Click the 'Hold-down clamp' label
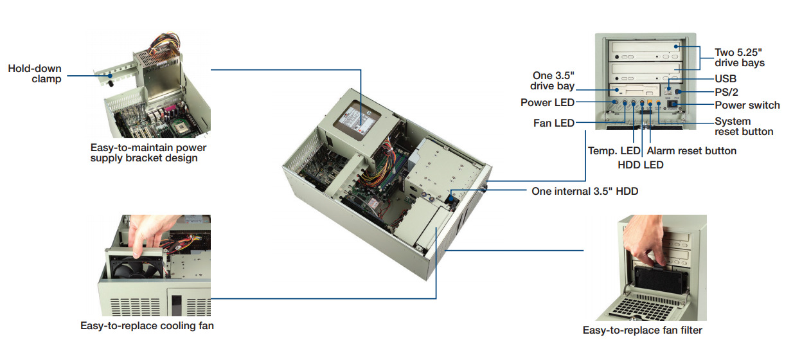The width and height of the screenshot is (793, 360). pyautogui.click(x=35, y=73)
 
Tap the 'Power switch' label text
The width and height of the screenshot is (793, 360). pyautogui.click(x=747, y=105)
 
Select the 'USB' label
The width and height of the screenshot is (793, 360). pyautogui.click(x=726, y=78)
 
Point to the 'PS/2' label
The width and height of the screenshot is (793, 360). pyautogui.click(x=727, y=92)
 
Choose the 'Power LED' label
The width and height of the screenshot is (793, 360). pyautogui.click(x=548, y=102)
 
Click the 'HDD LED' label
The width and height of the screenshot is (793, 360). pyautogui.click(x=640, y=165)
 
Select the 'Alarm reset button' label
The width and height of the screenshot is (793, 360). pyautogui.click(x=691, y=151)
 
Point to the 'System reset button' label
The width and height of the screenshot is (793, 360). pyautogui.click(x=744, y=126)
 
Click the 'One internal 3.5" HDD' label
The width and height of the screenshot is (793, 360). pyautogui.click(x=585, y=191)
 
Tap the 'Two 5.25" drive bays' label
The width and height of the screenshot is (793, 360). pyautogui.click(x=740, y=57)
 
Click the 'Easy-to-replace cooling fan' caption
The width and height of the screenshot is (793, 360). pyautogui.click(x=147, y=326)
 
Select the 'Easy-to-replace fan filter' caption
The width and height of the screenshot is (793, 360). pyautogui.click(x=642, y=330)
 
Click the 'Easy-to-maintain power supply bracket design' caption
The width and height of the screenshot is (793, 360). pyautogui.click(x=148, y=152)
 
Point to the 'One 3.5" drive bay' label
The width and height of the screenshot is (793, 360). pyautogui.click(x=553, y=80)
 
